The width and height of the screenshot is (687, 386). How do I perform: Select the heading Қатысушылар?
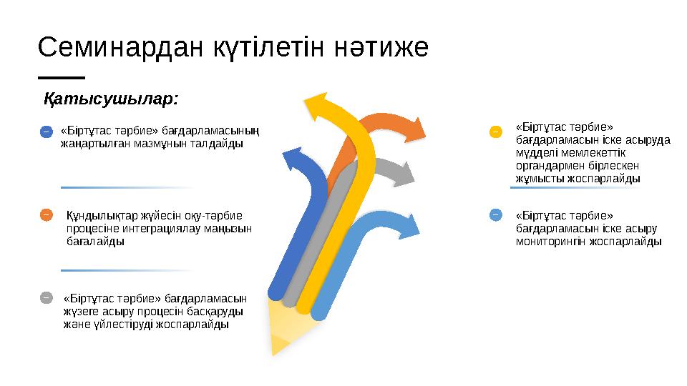point(112,98)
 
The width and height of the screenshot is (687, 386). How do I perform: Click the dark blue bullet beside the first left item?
point(45,132)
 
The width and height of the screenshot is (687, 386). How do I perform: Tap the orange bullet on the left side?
point(46,214)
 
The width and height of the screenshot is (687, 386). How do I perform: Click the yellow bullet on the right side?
point(495,132)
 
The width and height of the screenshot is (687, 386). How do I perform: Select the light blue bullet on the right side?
point(495,214)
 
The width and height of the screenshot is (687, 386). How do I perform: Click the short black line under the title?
point(61,78)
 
